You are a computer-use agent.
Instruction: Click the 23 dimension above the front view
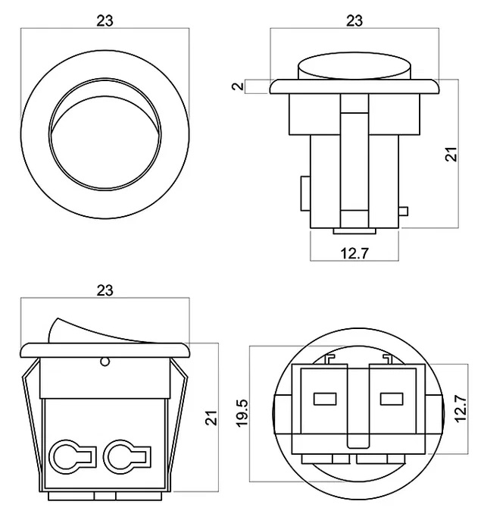[105, 20]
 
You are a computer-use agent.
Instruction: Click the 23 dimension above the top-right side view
[354, 20]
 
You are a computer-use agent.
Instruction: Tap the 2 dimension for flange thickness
[239, 86]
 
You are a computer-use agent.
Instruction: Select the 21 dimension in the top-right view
[451, 154]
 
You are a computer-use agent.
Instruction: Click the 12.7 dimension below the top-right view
[354, 254]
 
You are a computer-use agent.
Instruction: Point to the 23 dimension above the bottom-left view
[105, 290]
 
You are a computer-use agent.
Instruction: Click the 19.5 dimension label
[242, 414]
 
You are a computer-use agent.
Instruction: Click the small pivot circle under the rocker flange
[105, 362]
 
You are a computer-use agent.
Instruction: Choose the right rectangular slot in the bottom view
[391, 397]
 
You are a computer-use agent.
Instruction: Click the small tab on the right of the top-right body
[403, 212]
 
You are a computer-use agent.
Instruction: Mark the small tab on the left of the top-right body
[304, 193]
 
